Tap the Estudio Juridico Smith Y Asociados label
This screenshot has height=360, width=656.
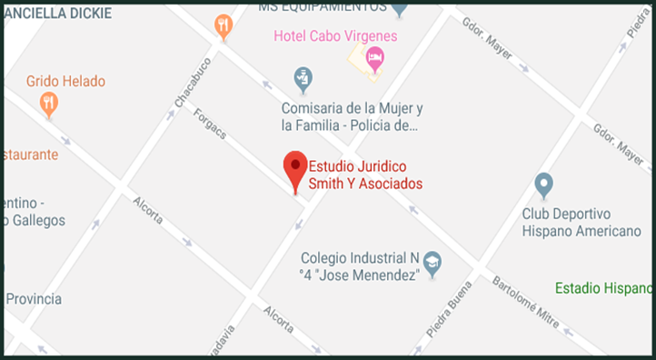click(x=365, y=175)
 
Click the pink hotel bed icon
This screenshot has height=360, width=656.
click(x=374, y=58)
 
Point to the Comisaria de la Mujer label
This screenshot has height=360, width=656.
click(x=349, y=115)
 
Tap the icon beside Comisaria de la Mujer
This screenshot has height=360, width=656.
click(x=303, y=77)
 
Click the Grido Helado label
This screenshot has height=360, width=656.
click(x=65, y=81)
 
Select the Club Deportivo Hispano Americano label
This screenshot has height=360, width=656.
click(x=581, y=223)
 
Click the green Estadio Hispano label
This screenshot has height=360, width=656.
click(x=604, y=288)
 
